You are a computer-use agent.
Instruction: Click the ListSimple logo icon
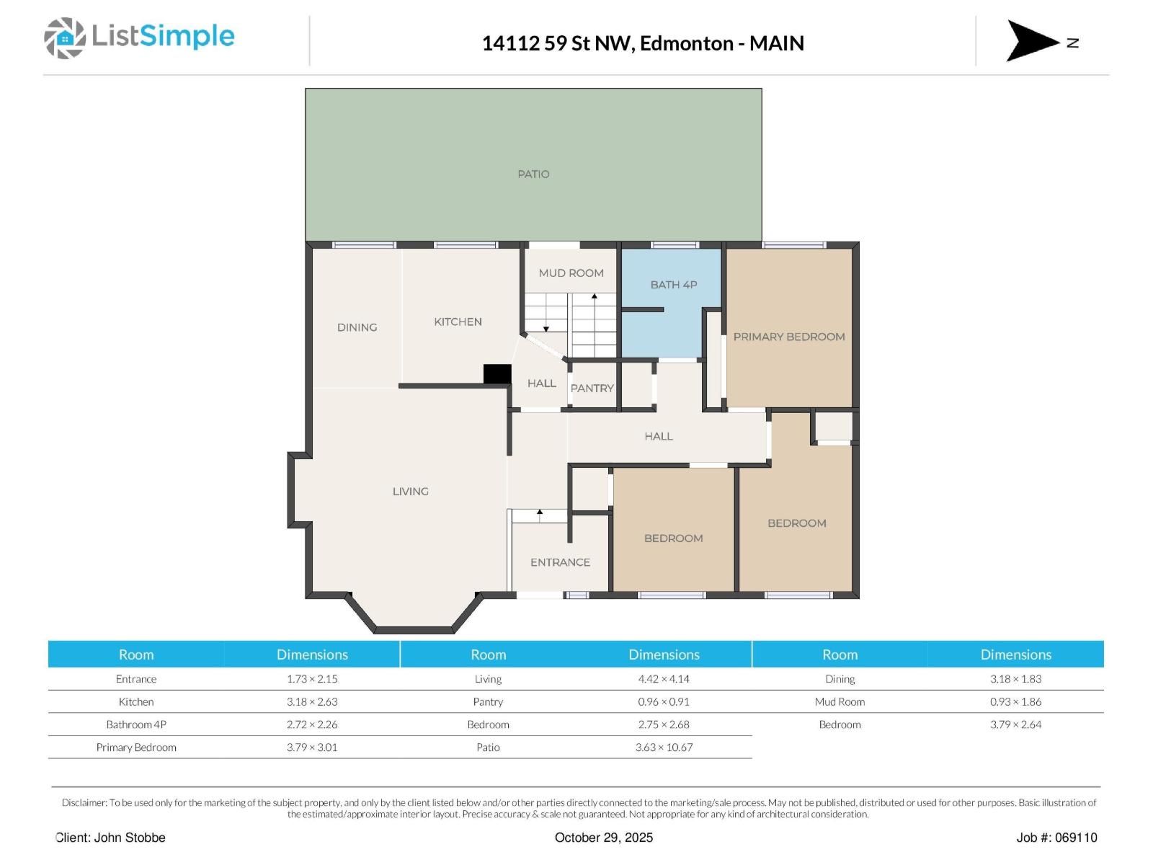coord(65,38)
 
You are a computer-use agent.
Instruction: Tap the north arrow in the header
coord(1033,41)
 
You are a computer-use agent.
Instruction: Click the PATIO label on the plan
coord(533,174)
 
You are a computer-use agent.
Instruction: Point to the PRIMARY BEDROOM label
coord(789,337)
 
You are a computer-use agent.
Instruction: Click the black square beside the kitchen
coord(497,374)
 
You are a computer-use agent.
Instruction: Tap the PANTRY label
coord(592,388)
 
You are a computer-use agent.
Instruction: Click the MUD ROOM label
coord(571,272)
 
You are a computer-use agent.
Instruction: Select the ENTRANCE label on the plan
coord(560,562)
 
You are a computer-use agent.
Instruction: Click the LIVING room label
coord(410,492)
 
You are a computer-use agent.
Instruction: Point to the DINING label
coord(357,327)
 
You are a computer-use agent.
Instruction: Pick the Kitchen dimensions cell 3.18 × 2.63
coord(312,701)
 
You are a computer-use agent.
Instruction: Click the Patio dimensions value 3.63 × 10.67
coord(664,748)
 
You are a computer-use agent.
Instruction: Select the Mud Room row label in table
coord(840,701)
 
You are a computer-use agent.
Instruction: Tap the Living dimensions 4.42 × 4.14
coord(664,679)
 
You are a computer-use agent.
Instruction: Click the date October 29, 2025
coord(604,838)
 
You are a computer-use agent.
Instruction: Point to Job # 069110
coord(1056,838)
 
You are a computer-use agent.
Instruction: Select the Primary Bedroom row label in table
coord(136,748)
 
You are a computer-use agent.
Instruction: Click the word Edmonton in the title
coord(686,43)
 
